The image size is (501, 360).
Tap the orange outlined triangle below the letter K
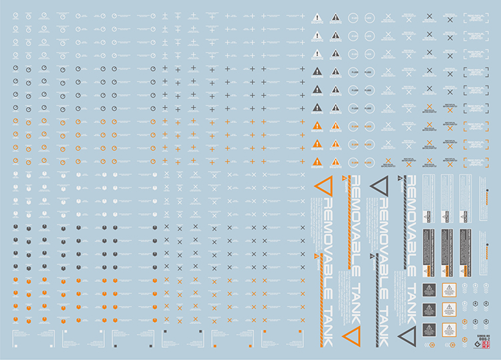[x=350, y=338]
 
